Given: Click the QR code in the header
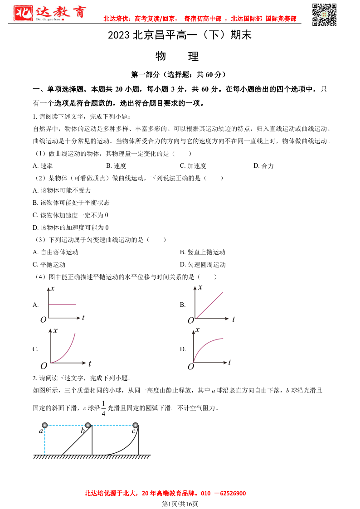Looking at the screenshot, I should tap(324, 15).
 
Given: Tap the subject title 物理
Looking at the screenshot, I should tap(177, 56).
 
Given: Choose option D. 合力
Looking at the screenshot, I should tap(263, 166).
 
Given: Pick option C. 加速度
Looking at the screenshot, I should tap(193, 166).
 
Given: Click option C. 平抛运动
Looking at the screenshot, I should tap(49, 265).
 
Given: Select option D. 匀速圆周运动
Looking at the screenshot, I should tap(202, 265).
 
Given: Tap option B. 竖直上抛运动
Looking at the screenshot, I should tap(202, 252).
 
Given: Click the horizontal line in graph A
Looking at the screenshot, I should tap(62, 305).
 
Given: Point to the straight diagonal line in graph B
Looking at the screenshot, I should tap(209, 305).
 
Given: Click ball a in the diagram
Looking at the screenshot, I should tap(44, 425).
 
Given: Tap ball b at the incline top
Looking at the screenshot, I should tap(88, 425).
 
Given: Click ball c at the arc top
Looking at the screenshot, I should tap(135, 425).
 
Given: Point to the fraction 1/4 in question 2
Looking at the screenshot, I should tap(103, 408).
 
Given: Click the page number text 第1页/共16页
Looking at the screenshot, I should tap(180, 504).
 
